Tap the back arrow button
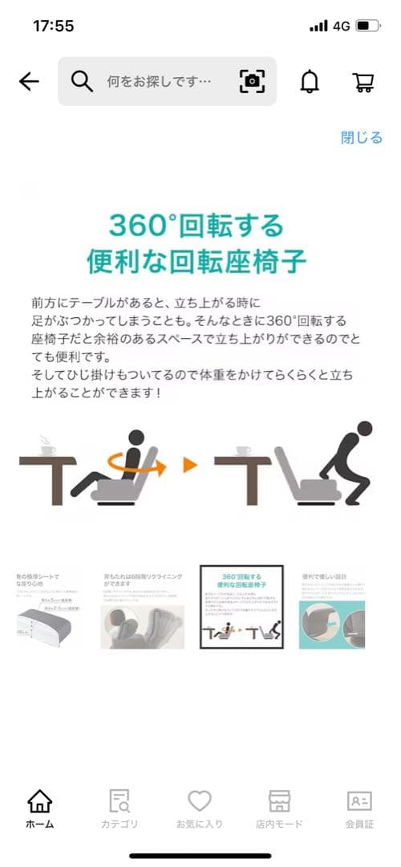click(x=29, y=81)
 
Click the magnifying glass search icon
click(x=83, y=81)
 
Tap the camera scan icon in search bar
click(x=252, y=81)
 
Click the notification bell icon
click(x=309, y=81)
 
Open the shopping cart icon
click(x=363, y=81)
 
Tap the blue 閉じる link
click(x=362, y=137)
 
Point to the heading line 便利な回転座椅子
click(x=196, y=262)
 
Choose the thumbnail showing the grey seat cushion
click(x=50, y=608)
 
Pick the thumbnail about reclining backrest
click(x=142, y=608)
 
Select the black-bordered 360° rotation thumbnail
click(x=241, y=608)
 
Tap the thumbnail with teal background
click(x=332, y=608)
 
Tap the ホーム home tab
click(x=39, y=808)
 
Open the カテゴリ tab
click(x=119, y=808)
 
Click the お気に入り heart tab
click(x=199, y=808)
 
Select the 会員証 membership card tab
click(x=359, y=808)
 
